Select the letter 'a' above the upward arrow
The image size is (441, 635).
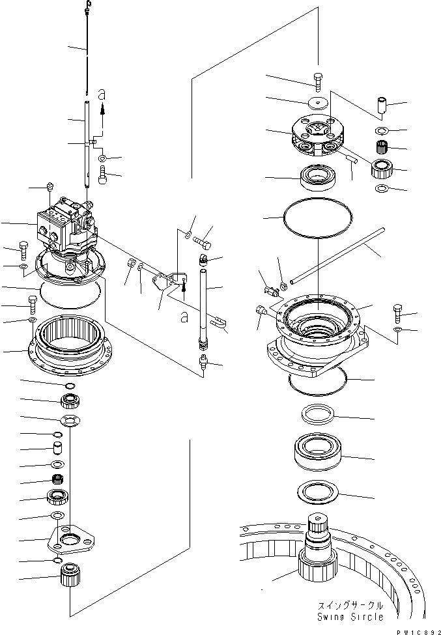pyautogui.click(x=101, y=95)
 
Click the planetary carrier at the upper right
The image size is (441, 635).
pyautogui.click(x=318, y=139)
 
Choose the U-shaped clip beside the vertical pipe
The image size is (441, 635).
pyautogui.click(x=219, y=320)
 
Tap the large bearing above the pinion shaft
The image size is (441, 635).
pyautogui.click(x=317, y=450)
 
